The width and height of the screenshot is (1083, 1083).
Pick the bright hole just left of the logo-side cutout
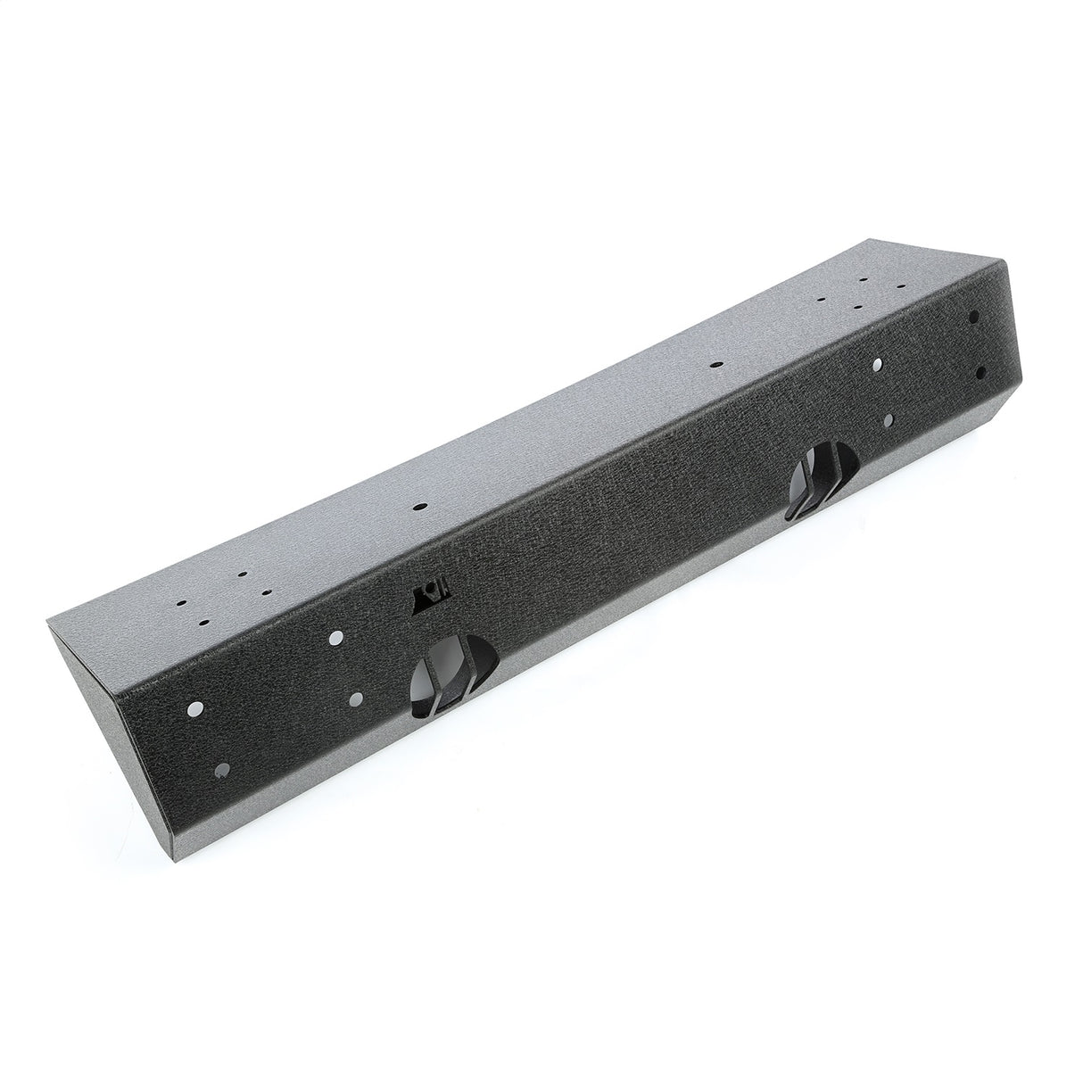pos(358,699)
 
